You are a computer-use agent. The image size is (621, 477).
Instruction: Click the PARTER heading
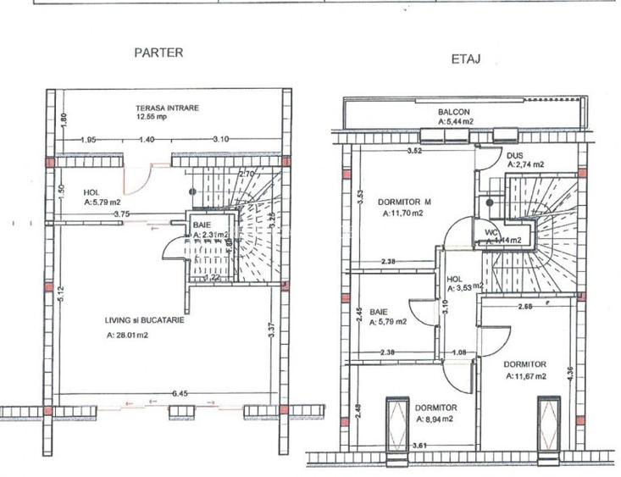pos(158,53)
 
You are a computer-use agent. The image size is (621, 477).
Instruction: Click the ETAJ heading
pos(466,60)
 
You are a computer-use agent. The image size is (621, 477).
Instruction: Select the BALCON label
pos(454,112)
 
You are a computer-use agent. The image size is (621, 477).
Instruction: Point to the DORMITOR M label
pos(404,202)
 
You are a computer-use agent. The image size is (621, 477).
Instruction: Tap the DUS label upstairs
pos(514,156)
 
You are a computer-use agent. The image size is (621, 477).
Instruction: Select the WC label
pos(491,231)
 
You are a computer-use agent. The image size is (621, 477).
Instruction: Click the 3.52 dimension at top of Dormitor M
pos(414,152)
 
